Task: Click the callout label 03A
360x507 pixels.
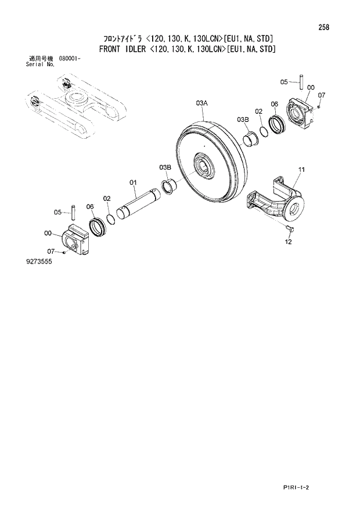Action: (201, 103)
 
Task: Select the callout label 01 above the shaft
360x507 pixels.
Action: (132, 182)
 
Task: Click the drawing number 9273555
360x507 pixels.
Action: (39, 262)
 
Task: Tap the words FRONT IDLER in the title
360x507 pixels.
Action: (123, 49)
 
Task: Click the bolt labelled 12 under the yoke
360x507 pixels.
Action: (291, 230)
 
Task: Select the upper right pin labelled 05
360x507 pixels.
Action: (303, 80)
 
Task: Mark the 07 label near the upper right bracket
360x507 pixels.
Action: (322, 95)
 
